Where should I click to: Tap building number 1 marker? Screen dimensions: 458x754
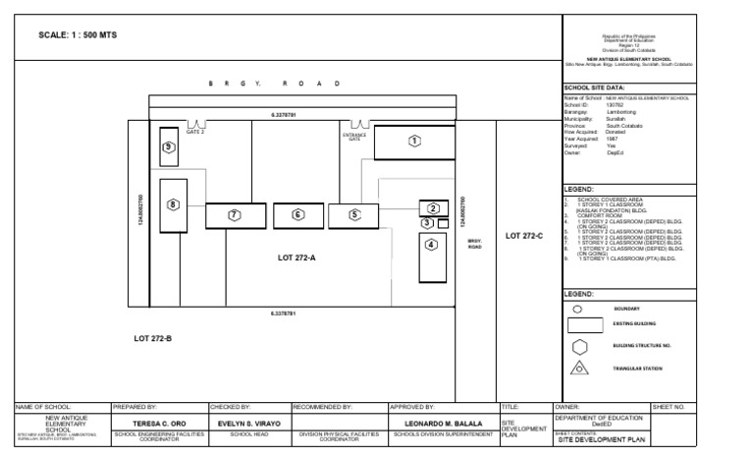point(414,142)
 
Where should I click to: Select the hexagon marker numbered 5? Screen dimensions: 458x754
point(354,214)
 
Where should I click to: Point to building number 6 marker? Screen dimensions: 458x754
point(297,214)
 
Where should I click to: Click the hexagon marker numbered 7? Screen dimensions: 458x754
point(234,214)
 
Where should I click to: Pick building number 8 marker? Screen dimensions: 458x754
point(174,204)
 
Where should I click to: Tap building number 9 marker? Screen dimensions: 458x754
point(169,146)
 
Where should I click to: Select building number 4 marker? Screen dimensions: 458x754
point(430,245)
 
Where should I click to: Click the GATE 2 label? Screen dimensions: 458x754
point(196,133)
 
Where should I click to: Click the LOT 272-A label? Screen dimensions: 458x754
point(296,258)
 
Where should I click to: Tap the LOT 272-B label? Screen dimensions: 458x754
point(153,338)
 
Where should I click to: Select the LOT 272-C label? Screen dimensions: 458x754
point(523,236)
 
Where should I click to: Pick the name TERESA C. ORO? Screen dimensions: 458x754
point(158,423)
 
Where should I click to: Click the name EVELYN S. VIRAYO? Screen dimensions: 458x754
point(248,423)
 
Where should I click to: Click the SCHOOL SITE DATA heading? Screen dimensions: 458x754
point(595,87)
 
